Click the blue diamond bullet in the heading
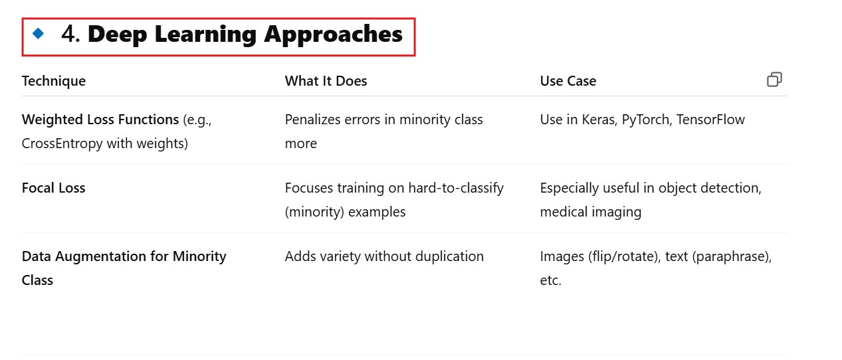(38, 33)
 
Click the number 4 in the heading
(68, 34)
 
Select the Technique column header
(54, 81)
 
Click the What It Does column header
(326, 81)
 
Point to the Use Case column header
(568, 81)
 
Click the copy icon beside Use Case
(774, 79)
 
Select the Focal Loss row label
(53, 187)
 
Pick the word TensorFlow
(710, 119)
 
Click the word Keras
(599, 120)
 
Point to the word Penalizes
(312, 120)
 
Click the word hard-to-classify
(456, 188)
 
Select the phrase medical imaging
(591, 212)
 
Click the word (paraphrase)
(732, 256)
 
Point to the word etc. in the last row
(551, 280)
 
